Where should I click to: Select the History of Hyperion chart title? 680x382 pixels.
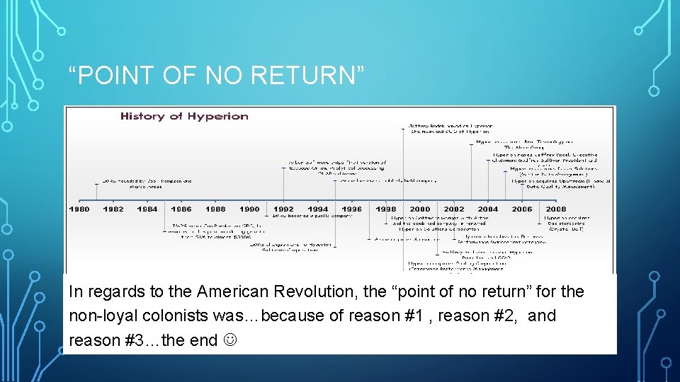pos(184,116)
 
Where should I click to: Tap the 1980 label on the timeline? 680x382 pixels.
pos(79,209)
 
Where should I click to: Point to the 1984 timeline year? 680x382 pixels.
pos(147,209)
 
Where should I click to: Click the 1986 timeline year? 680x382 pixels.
pos(181,209)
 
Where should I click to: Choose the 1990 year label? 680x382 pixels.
pos(249,209)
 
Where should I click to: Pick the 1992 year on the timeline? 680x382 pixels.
pos(283,209)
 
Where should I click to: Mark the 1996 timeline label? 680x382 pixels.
pos(351,209)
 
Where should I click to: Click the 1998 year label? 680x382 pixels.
pos(386,209)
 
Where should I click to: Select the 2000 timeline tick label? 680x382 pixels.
pos(420,209)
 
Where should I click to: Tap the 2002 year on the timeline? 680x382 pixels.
pos(454,209)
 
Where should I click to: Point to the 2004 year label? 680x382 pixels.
pos(488,209)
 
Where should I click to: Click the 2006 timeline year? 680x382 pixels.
pos(522,209)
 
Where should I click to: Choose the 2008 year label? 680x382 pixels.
pos(556,209)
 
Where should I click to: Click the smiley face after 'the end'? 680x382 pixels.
pos(229,340)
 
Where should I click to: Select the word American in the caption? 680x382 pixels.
pos(231,291)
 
